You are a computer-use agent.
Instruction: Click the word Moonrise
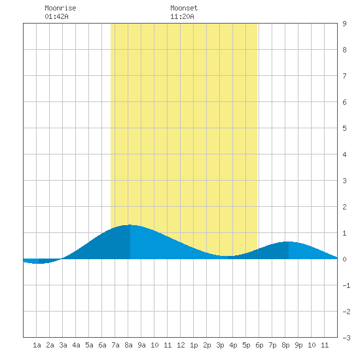pos(60,8)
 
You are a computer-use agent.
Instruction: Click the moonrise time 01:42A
pos(56,16)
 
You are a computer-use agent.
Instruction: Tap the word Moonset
pos(184,8)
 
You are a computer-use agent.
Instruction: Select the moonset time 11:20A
pos(182,16)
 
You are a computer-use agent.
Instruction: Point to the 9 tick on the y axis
pos(344,24)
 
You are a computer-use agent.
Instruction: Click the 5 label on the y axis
pos(344,128)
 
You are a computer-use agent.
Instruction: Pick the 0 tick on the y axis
pos(344,259)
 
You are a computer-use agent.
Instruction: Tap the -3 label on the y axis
pos(346,338)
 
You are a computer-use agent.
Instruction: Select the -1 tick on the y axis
pos(346,285)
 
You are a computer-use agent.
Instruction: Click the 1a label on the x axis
pos(37,345)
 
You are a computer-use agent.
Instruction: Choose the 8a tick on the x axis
pos(128,345)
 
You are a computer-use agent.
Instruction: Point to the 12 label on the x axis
pos(181,345)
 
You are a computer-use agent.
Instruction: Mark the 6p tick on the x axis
pos(259,345)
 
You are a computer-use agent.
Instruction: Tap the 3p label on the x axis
pos(220,345)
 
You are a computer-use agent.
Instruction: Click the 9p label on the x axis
pos(298,345)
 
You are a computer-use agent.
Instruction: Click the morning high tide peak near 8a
pos(130,225)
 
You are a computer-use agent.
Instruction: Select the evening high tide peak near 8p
pos(289,242)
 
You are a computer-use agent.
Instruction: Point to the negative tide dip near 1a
pos(39,263)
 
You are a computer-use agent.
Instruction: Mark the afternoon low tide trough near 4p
pos(228,256)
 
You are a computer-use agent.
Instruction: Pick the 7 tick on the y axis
pos(344,76)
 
